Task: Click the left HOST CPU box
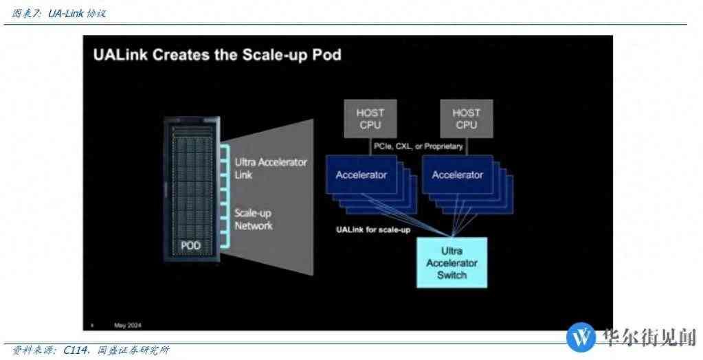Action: pos(370,118)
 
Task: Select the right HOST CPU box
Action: pos(467,118)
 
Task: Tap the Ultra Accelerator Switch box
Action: pos(451,262)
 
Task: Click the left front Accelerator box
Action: pos(361,175)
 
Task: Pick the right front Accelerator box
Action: pos(458,175)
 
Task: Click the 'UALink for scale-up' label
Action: pos(373,229)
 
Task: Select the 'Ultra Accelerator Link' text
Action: pos(271,168)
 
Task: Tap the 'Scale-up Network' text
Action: pos(254,219)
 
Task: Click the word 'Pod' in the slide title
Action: pos(325,55)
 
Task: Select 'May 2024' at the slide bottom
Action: pos(129,324)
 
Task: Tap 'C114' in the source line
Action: pos(74,350)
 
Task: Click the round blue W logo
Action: pos(581,337)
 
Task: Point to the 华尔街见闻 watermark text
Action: pos(649,337)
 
